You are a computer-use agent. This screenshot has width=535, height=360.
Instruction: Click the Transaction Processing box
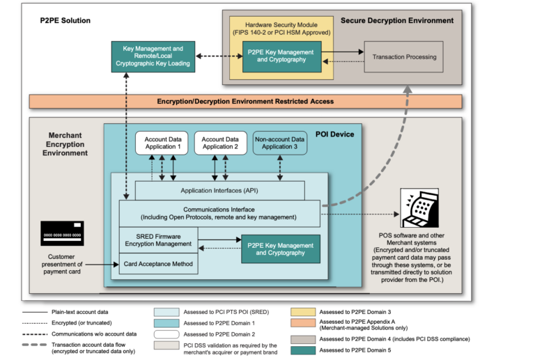pyautogui.click(x=404, y=56)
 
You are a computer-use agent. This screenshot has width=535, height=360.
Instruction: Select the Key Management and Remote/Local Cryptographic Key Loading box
pyautogui.click(x=153, y=55)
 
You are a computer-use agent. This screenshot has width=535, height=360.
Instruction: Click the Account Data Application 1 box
pyautogui.click(x=162, y=143)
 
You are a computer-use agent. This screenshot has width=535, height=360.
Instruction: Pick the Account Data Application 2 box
pyautogui.click(x=220, y=143)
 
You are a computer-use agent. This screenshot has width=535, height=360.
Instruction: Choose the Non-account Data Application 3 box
pyautogui.click(x=279, y=143)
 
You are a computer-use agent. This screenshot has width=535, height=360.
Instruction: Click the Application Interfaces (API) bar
pyautogui.click(x=219, y=190)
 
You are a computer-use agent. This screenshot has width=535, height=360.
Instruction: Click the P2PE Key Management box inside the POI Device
pyautogui.click(x=281, y=249)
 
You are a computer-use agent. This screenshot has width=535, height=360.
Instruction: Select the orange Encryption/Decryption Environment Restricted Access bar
pyautogui.click(x=245, y=101)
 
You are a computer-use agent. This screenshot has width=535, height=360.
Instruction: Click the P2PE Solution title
pyautogui.click(x=65, y=20)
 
